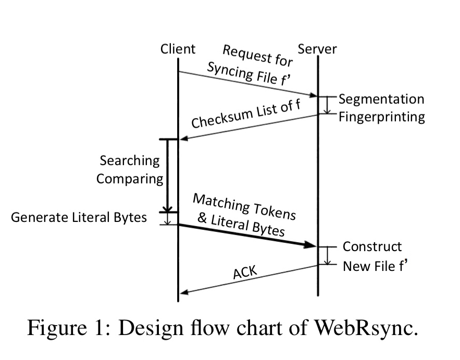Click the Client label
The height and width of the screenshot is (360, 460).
[x=178, y=49]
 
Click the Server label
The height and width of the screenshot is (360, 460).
[x=317, y=49]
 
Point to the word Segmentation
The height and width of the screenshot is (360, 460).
[x=381, y=99]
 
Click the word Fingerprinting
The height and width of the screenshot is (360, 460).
[x=381, y=116]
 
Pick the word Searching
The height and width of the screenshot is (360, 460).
[x=129, y=160]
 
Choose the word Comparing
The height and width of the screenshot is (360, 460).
[x=130, y=179]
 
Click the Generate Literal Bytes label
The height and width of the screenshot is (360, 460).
[x=79, y=217]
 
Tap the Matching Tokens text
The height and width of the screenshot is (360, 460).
[x=244, y=206]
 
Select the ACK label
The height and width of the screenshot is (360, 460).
[x=245, y=272]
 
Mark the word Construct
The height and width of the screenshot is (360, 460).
[x=372, y=246]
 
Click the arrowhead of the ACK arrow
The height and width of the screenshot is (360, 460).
[x=183, y=292]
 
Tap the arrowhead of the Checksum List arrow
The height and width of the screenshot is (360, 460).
[x=183, y=139]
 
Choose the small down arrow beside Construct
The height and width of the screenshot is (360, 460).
[x=328, y=255]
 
